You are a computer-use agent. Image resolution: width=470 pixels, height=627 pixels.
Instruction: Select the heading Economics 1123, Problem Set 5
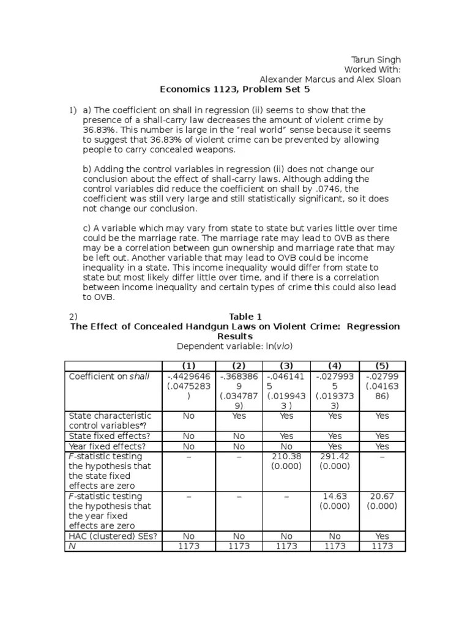pyautogui.click(x=235, y=89)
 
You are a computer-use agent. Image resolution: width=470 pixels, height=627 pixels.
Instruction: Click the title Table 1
pyautogui.click(x=245, y=317)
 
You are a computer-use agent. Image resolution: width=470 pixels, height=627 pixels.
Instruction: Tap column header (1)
pyautogui.click(x=189, y=366)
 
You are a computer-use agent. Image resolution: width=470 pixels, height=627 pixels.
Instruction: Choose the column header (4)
pyautogui.click(x=334, y=366)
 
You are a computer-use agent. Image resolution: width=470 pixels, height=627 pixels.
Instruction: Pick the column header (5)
pyautogui.click(x=382, y=366)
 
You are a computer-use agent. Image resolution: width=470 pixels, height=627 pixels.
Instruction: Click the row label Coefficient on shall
pyautogui.click(x=109, y=377)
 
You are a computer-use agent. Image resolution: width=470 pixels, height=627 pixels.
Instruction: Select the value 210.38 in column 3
pyautogui.click(x=286, y=456)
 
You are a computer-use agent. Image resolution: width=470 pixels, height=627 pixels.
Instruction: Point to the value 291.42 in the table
pyautogui.click(x=334, y=456)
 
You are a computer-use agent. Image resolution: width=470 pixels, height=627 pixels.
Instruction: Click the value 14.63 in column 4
pyautogui.click(x=334, y=496)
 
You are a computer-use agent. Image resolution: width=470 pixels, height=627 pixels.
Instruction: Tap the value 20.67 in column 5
pyautogui.click(x=382, y=496)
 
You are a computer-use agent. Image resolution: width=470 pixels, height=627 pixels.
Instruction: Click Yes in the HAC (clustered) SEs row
pyautogui.click(x=382, y=536)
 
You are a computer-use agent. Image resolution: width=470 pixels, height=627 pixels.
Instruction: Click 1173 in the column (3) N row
pyautogui.click(x=286, y=546)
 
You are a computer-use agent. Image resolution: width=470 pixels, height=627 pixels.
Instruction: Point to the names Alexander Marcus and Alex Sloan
pyautogui.click(x=330, y=80)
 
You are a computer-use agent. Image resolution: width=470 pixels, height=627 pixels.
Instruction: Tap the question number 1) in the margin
pyautogui.click(x=72, y=110)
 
